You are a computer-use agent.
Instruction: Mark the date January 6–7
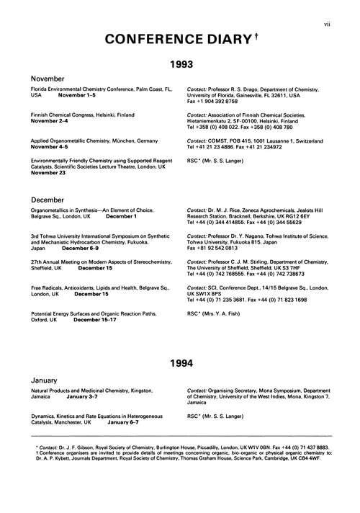pos(118,421)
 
